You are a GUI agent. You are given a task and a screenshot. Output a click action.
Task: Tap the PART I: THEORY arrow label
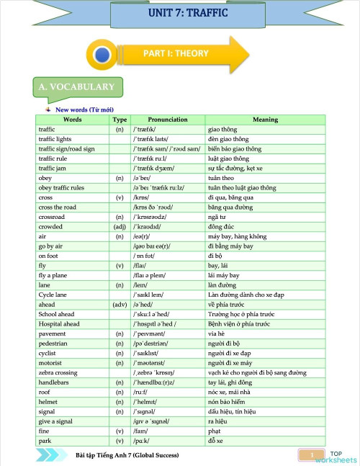pos(176,53)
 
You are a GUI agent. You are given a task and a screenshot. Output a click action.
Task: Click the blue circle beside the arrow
pos(103,54)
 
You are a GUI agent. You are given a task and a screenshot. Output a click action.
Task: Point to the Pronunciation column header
pos(168,120)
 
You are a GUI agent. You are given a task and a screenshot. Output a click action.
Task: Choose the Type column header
pos(120,120)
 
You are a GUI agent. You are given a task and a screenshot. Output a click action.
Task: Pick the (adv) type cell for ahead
pos(120,284)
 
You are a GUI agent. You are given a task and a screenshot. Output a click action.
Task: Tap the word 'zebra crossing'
pos(58,372)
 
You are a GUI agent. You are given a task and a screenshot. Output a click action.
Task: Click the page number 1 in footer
pos(312,455)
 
